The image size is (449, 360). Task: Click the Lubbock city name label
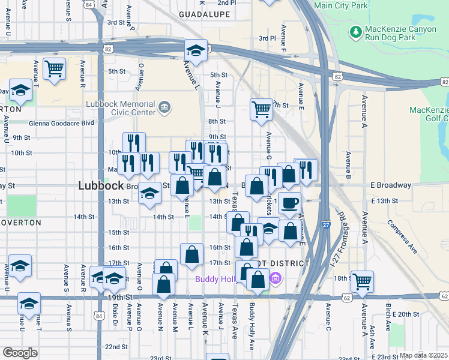[x=101, y=186]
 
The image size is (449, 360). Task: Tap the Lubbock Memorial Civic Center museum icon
[x=164, y=108]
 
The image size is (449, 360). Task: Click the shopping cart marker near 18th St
[x=363, y=281]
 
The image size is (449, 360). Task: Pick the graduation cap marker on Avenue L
[x=196, y=50]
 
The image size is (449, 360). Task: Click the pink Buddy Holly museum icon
[x=276, y=278]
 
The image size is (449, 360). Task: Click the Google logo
[x=20, y=353]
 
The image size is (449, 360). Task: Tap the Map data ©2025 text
[x=424, y=355]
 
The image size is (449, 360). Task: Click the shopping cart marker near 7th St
[x=261, y=109]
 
